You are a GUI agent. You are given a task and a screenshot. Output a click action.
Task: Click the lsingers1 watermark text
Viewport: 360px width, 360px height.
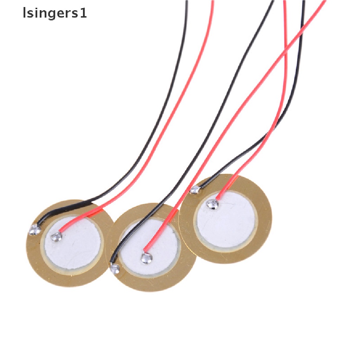(x=54, y=14)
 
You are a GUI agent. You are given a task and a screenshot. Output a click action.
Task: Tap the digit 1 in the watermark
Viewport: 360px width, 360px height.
(x=84, y=14)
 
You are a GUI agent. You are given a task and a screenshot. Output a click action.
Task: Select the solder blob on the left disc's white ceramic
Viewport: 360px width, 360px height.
(x=56, y=237)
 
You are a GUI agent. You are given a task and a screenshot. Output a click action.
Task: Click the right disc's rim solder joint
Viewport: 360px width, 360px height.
(x=194, y=190)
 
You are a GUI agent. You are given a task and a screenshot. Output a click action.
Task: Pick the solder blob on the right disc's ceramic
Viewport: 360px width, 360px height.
(x=212, y=203)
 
